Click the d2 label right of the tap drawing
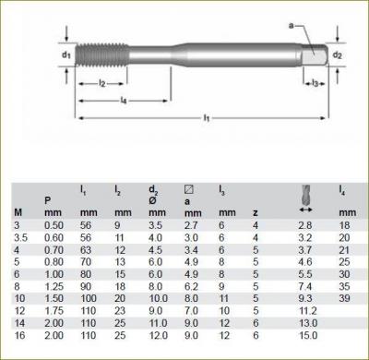(338, 54)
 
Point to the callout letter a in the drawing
(291, 26)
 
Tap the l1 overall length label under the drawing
(206, 119)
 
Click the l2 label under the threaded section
(102, 84)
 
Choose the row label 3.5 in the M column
(20, 236)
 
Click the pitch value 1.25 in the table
(55, 286)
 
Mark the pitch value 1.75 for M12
(55, 311)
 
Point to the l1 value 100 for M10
(88, 299)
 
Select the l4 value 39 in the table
(343, 299)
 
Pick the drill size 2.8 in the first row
(305, 224)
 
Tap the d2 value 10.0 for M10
(159, 299)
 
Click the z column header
(255, 212)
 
